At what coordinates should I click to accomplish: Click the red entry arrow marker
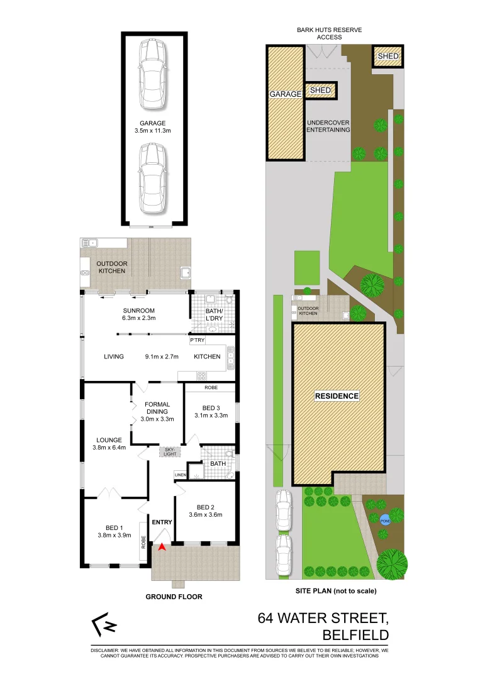[162, 547]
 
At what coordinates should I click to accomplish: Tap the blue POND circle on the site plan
[384, 519]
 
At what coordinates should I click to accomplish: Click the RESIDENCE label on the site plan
[337, 396]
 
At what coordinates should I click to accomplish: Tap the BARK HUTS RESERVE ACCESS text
[330, 33]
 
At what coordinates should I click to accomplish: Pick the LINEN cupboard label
[180, 475]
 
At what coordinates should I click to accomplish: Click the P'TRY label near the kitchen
[197, 340]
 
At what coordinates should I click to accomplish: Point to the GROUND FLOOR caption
[174, 597]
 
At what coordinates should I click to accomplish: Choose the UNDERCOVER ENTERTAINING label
[327, 126]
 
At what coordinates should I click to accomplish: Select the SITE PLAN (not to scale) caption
[336, 591]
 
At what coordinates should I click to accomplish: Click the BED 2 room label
[206, 511]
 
